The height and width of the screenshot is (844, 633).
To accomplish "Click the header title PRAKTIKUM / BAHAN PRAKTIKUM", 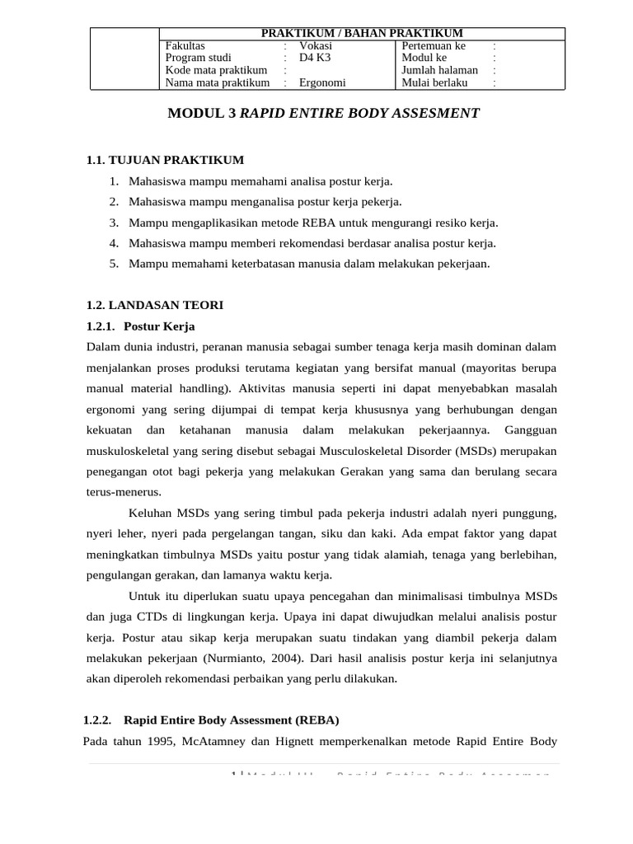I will coord(362,33).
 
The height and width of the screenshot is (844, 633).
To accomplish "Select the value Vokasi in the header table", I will coord(316,46).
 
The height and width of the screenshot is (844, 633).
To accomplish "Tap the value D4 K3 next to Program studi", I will coord(314,59).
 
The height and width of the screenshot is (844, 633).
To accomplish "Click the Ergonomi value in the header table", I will coord(322,83).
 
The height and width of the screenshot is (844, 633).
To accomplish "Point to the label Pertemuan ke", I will coord(434,46).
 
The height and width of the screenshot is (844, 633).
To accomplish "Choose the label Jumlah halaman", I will coord(439,71).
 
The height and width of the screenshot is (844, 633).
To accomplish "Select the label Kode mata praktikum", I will coord(216,71).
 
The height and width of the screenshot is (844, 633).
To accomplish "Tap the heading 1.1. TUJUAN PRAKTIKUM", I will coord(165,159).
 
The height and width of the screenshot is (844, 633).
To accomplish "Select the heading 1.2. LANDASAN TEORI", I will coord(155,305).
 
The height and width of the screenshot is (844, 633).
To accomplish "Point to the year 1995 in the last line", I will coord(150,740).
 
